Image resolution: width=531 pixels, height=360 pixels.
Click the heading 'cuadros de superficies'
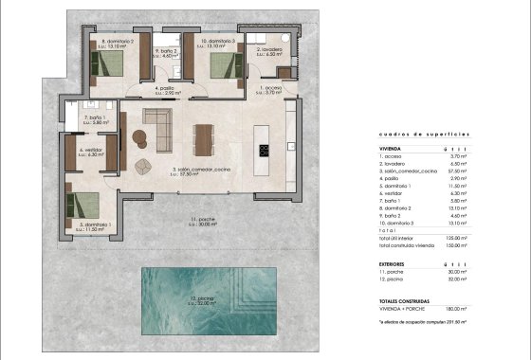[x=410, y=135]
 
